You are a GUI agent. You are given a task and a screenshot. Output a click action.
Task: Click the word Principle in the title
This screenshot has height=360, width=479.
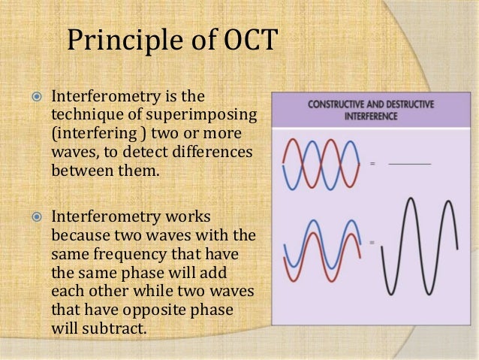click(x=121, y=42)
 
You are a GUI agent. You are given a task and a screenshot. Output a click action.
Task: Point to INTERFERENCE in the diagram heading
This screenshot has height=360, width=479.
click(x=370, y=116)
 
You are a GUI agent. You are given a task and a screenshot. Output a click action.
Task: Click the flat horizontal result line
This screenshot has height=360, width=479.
click(x=410, y=163)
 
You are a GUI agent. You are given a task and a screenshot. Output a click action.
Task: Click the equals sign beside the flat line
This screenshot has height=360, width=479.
click(x=372, y=163)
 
